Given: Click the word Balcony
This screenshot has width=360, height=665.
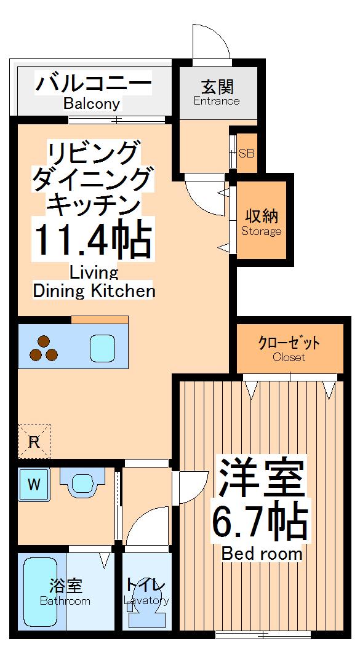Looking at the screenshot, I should tap(92, 104).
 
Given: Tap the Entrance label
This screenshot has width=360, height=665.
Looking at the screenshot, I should tap(217, 101).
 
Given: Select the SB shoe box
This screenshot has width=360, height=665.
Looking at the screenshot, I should tap(247, 153).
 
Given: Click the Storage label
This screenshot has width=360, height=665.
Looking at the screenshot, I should tap(262, 231).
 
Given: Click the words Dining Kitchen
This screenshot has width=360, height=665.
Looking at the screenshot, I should tap(94, 290).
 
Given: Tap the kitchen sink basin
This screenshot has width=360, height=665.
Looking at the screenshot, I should tap(103, 348).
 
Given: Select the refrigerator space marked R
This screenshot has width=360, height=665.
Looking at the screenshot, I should tap(34, 440).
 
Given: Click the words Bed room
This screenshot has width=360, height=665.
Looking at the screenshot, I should tap(262, 554).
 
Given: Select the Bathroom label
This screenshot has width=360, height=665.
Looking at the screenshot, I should tap(65, 601).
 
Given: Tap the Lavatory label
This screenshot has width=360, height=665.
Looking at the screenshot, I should tap(146, 600).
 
